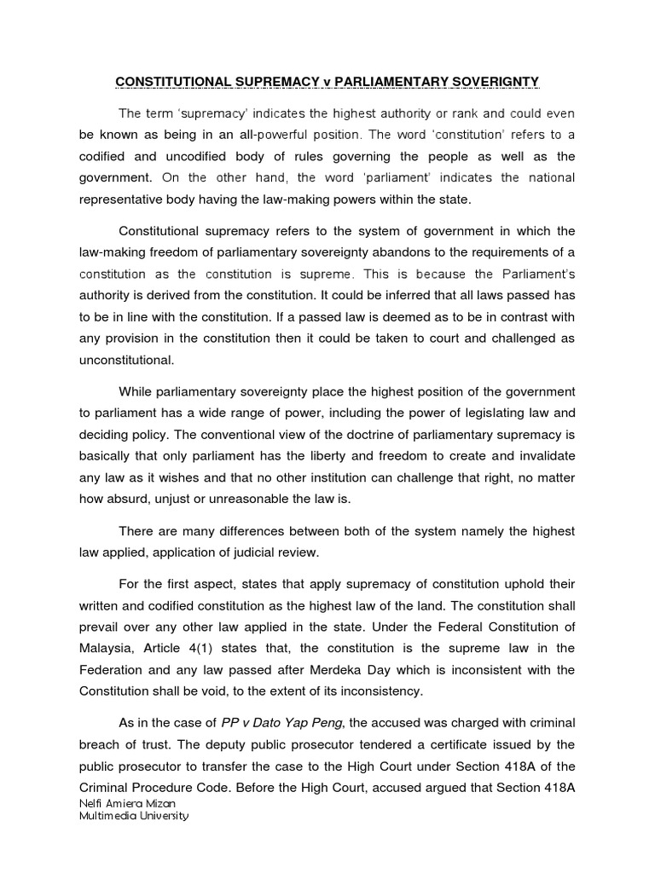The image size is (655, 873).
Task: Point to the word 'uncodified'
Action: (201, 156)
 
